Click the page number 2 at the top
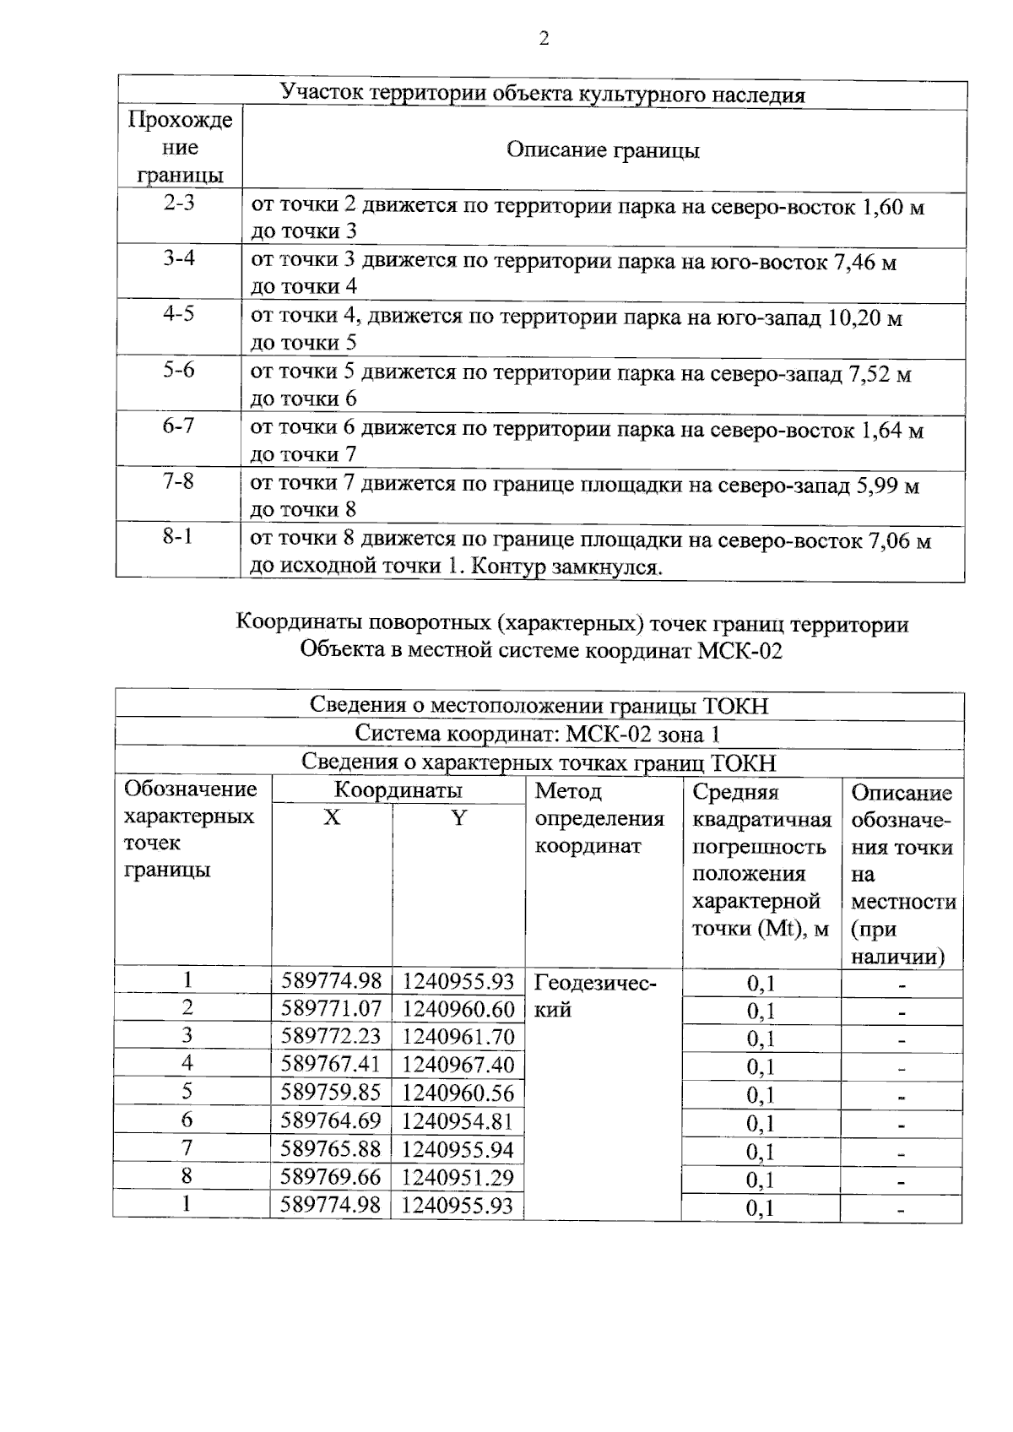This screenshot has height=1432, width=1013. (544, 39)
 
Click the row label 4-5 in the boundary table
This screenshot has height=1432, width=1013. (178, 314)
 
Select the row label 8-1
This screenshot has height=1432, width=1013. (178, 537)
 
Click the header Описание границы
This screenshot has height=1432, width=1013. (603, 150)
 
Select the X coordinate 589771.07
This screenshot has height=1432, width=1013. (331, 1008)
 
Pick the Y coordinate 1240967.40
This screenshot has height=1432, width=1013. (458, 1064)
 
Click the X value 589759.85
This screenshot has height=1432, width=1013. (331, 1093)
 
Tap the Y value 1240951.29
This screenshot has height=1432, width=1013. (458, 1177)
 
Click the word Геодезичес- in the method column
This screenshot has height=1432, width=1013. (595, 983)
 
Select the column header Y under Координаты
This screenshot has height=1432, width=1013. (458, 817)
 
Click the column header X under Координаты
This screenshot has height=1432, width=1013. (333, 817)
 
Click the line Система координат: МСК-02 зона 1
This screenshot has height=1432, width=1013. (538, 734)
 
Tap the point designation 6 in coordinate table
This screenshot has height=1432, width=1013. (187, 1120)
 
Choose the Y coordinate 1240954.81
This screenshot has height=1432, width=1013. (458, 1121)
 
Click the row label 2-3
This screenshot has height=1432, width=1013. (178, 203)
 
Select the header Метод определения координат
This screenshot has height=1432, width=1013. (599, 818)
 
